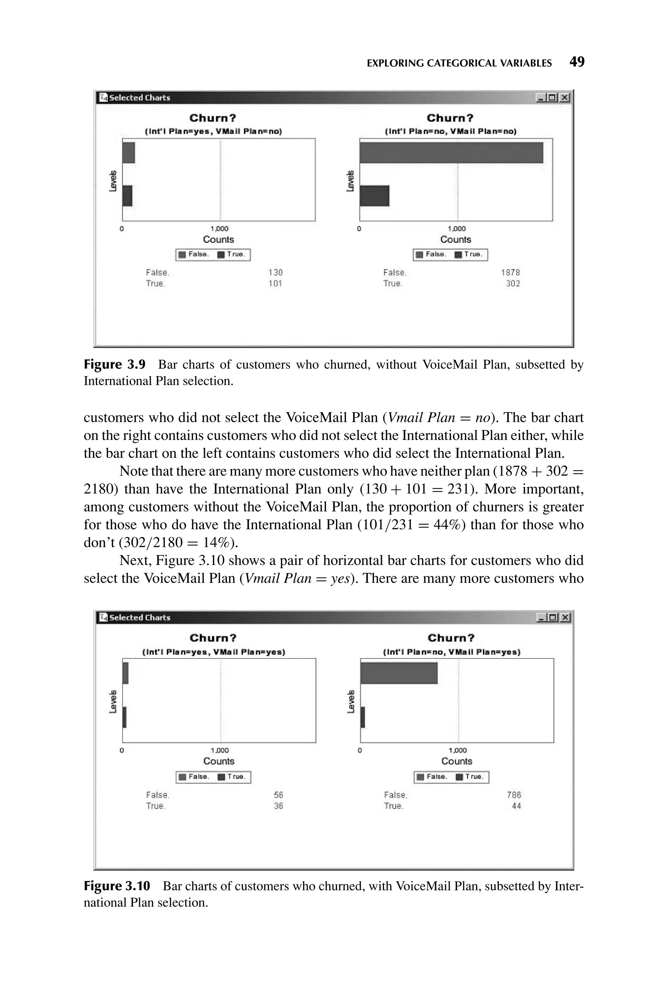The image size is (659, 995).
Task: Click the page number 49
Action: [x=577, y=62]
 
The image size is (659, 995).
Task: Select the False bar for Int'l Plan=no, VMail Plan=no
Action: [x=451, y=153]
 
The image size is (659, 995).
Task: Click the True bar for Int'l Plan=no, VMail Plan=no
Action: [x=374, y=196]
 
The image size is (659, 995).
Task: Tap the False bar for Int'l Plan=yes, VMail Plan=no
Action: [x=129, y=153]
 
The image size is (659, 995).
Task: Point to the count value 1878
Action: [x=510, y=273]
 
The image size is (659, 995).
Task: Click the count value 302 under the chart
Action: [x=513, y=284]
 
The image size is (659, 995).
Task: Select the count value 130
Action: [x=275, y=273]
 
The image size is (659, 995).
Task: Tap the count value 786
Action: [x=514, y=795]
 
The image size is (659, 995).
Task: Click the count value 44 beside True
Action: [x=516, y=806]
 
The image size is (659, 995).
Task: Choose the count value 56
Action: [x=278, y=795]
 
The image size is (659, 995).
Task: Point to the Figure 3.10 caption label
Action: [x=117, y=886]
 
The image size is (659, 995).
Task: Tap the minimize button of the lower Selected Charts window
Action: [x=541, y=617]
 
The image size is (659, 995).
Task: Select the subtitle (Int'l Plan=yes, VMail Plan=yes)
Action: [x=214, y=652]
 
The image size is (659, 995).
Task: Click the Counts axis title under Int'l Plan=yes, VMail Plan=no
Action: [x=218, y=239]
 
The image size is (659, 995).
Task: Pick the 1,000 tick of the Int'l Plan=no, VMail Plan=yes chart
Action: [x=457, y=750]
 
